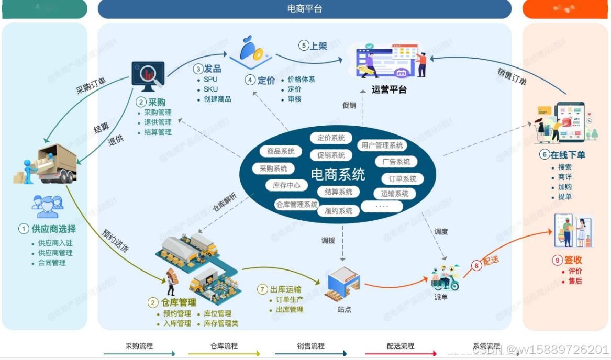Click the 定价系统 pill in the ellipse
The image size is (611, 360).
(331, 138)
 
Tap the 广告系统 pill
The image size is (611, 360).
(396, 162)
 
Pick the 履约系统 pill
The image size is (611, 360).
(338, 211)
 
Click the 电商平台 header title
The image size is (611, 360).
(305, 8)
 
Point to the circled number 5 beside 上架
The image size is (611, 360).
(304, 46)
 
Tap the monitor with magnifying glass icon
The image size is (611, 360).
(148, 76)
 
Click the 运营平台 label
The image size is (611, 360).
(389, 89)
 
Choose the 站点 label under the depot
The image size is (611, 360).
(344, 309)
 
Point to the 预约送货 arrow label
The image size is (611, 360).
(115, 241)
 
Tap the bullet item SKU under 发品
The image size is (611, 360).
(210, 89)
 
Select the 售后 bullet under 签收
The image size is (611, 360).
(575, 281)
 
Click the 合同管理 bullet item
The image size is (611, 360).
(52, 263)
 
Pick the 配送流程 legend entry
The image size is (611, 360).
(401, 346)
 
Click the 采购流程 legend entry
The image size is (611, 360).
(139, 346)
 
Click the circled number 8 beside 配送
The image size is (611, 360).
(476, 265)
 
